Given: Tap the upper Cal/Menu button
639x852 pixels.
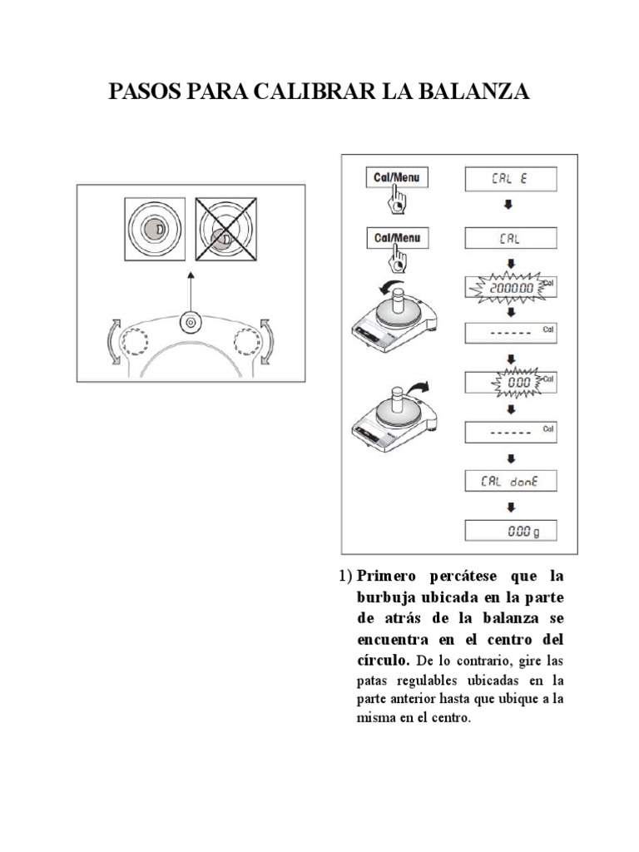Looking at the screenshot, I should (397, 177).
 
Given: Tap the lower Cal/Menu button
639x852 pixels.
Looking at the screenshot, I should (397, 238).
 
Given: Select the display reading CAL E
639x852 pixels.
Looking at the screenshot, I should (509, 177).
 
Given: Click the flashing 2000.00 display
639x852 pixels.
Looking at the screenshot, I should (509, 287).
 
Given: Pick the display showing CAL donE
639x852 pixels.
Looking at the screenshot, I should (509, 480).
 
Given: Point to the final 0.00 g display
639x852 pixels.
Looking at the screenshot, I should (509, 531).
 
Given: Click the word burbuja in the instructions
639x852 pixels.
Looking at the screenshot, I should (371, 597).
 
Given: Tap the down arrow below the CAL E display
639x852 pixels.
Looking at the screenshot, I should (509, 204).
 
